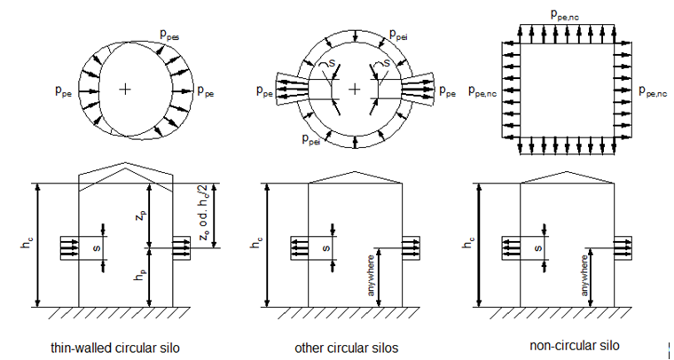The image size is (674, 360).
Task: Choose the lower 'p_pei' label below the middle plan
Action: pos(311,141)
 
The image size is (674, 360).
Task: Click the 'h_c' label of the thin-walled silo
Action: pos(27,245)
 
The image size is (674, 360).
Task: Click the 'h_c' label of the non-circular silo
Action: pos(468,245)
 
